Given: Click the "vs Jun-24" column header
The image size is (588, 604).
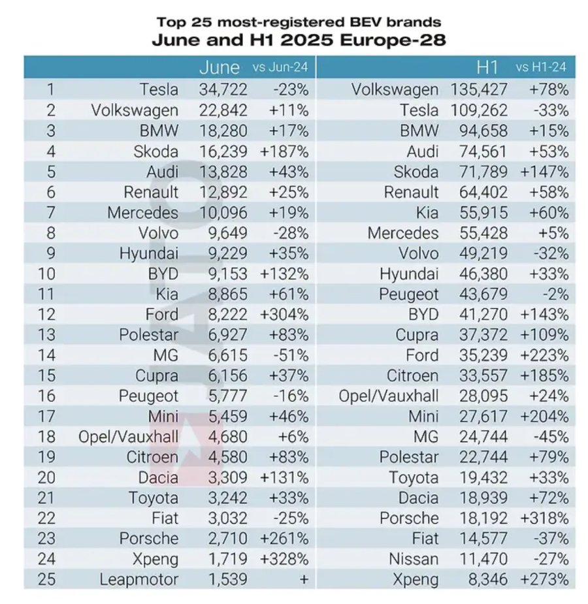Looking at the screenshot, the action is pyautogui.click(x=280, y=67).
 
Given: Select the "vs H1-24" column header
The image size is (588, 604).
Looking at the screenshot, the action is pyautogui.click(x=541, y=67).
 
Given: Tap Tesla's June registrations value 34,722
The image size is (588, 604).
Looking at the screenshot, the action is pyautogui.click(x=223, y=89).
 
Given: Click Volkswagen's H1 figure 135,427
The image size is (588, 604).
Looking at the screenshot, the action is pyautogui.click(x=479, y=89).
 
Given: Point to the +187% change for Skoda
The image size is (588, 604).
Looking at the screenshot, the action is pyautogui.click(x=284, y=151).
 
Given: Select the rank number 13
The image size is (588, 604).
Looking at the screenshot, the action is pyautogui.click(x=46, y=335).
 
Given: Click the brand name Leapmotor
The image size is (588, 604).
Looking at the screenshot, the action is pyautogui.click(x=139, y=579).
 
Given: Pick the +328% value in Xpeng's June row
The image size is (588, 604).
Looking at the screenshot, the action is pyautogui.click(x=284, y=559).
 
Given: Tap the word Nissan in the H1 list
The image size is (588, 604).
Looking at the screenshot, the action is pyautogui.click(x=414, y=559).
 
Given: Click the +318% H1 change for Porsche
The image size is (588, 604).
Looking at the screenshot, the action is pyautogui.click(x=544, y=518).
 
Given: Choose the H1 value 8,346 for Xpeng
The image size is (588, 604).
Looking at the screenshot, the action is pyautogui.click(x=488, y=579).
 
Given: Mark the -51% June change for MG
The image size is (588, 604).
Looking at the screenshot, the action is pyautogui.click(x=291, y=355).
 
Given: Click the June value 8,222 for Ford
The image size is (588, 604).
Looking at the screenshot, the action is pyautogui.click(x=228, y=314).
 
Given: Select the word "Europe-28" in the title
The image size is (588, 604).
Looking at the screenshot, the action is pyautogui.click(x=393, y=40).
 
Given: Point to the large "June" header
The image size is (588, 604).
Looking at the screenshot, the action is pyautogui.click(x=220, y=68).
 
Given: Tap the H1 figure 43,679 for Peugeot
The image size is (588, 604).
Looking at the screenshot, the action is pyautogui.click(x=483, y=294).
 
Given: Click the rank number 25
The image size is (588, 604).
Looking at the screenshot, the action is pyautogui.click(x=46, y=579).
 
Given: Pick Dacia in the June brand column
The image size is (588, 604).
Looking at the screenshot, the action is pyautogui.click(x=158, y=478).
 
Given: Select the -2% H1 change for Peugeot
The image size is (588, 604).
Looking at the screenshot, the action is pyautogui.click(x=555, y=294).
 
